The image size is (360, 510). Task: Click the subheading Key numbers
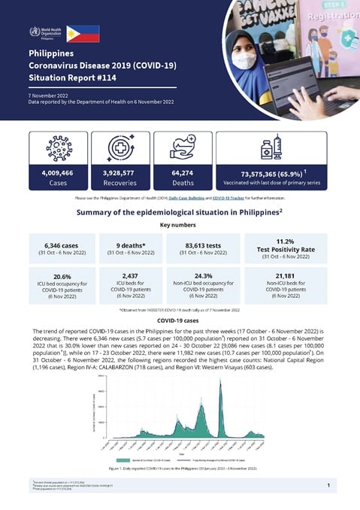click(x=178, y=225)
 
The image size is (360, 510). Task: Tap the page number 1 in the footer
click(x=328, y=486)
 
